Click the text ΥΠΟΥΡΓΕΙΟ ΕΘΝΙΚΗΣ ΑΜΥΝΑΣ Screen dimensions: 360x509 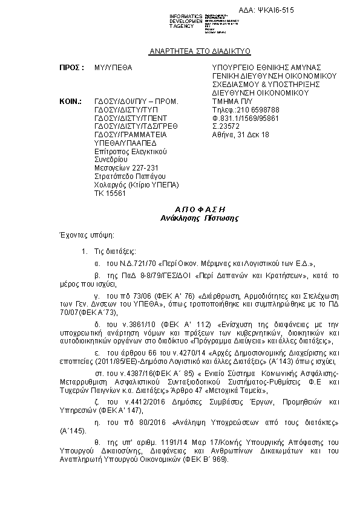(x=266, y=68)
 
